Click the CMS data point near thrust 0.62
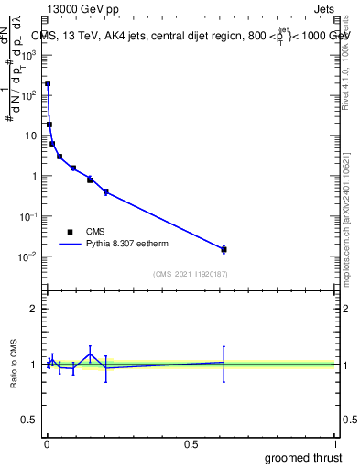(x=224, y=249)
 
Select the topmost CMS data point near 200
(x=48, y=83)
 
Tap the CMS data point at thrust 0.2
(x=106, y=191)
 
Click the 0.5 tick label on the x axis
(x=191, y=442)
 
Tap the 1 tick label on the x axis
(x=335, y=442)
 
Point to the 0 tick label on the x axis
(x=47, y=442)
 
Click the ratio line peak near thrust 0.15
(x=90, y=354)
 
